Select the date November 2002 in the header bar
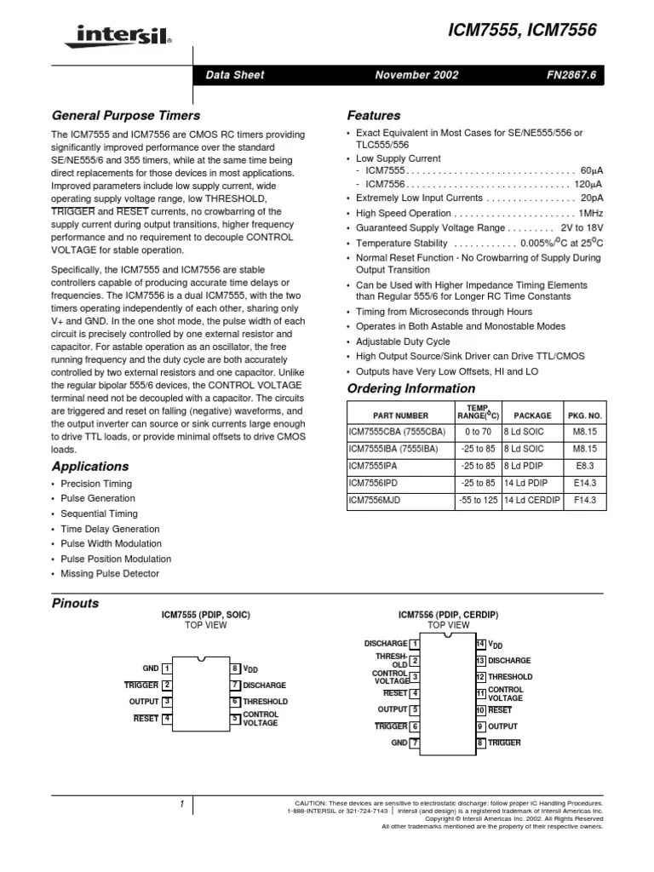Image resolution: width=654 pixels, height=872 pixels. click(x=416, y=75)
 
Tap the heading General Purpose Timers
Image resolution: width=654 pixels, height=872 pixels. click(x=126, y=115)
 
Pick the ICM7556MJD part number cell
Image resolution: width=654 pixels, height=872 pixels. click(x=375, y=500)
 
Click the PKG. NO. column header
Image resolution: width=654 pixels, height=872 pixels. click(x=584, y=416)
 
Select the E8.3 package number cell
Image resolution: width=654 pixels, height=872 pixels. click(x=584, y=467)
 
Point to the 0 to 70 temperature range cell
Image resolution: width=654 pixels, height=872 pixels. click(x=478, y=433)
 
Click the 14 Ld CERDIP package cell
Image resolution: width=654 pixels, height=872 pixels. click(x=532, y=500)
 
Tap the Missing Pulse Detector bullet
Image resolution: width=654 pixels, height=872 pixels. click(x=110, y=574)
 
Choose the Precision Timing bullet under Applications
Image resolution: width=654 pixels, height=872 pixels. click(x=96, y=484)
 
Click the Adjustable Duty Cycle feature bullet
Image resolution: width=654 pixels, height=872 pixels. click(x=403, y=341)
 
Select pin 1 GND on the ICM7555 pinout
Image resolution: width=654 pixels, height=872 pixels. click(x=158, y=668)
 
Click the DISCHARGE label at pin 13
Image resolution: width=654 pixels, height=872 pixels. click(x=509, y=661)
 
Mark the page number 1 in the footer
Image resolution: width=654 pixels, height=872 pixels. click(x=181, y=804)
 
